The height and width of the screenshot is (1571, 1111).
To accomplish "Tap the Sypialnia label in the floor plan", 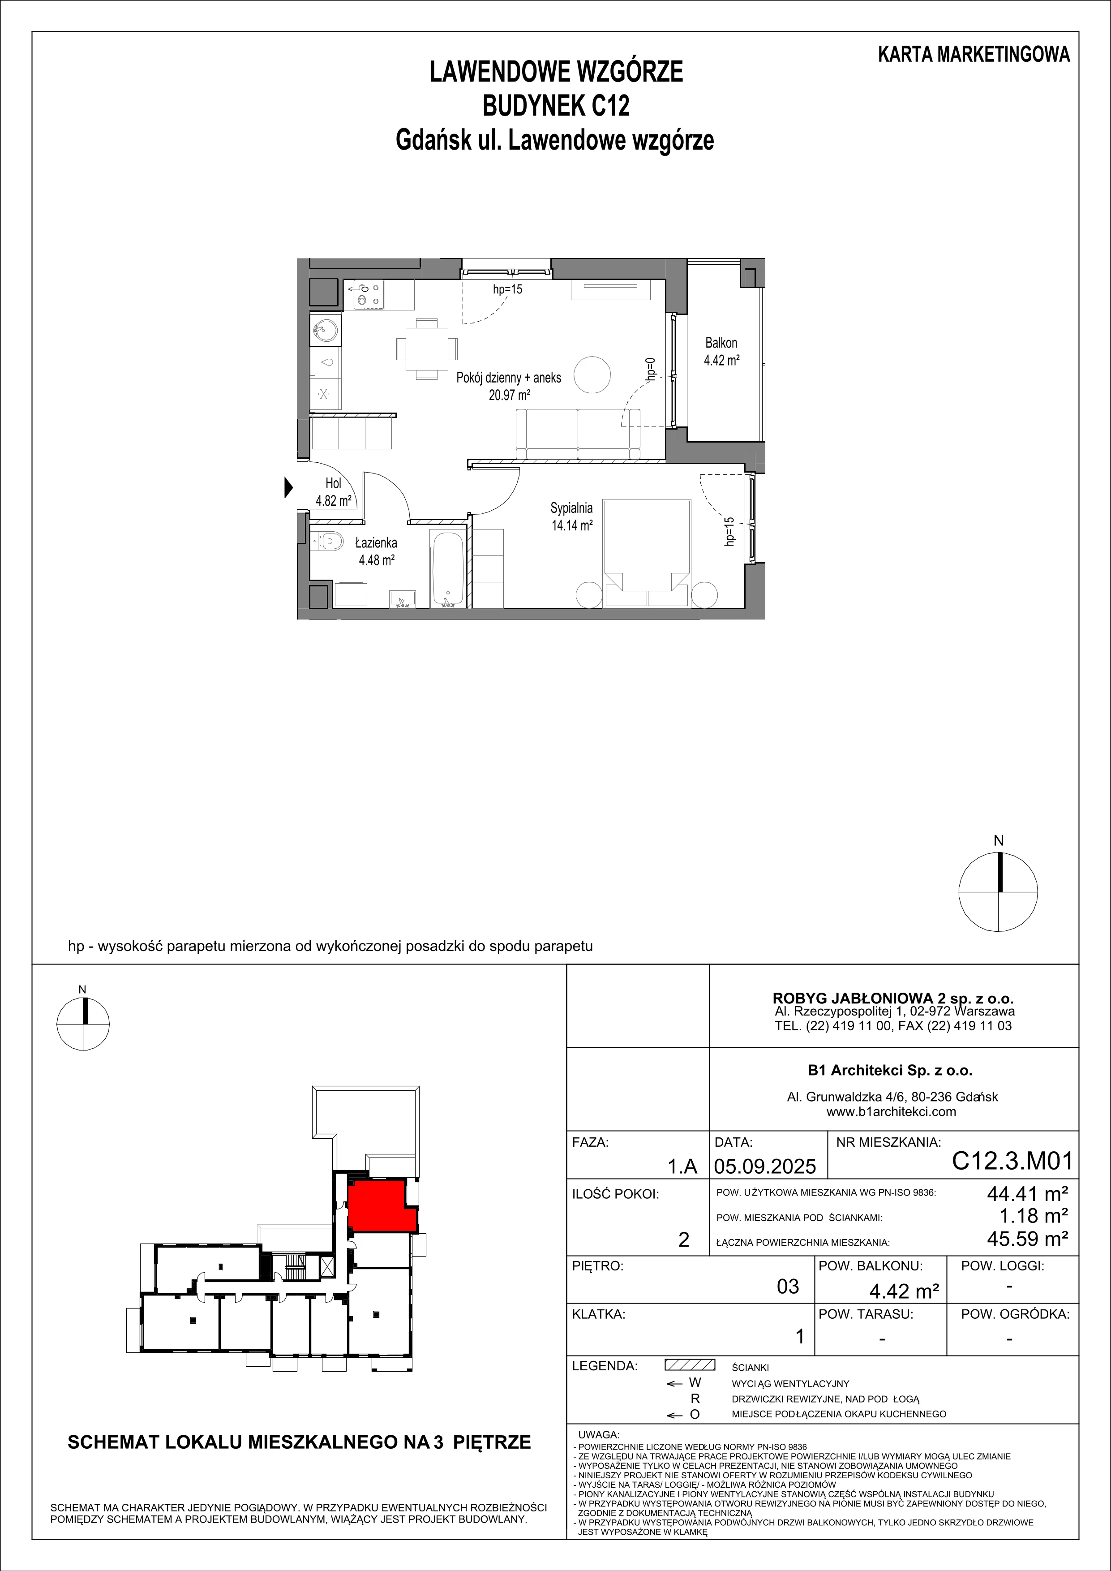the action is (x=571, y=508).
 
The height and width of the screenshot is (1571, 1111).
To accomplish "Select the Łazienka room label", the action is (x=376, y=543).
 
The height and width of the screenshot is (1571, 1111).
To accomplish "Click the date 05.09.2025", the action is (x=765, y=1165).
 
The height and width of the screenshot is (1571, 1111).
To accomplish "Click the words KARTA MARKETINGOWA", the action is (x=974, y=55).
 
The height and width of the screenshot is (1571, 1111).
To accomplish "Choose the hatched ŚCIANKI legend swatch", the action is (x=690, y=1365).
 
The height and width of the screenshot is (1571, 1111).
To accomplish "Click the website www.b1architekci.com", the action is (x=892, y=1112).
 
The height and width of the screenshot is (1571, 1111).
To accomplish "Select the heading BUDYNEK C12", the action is (x=556, y=106).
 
